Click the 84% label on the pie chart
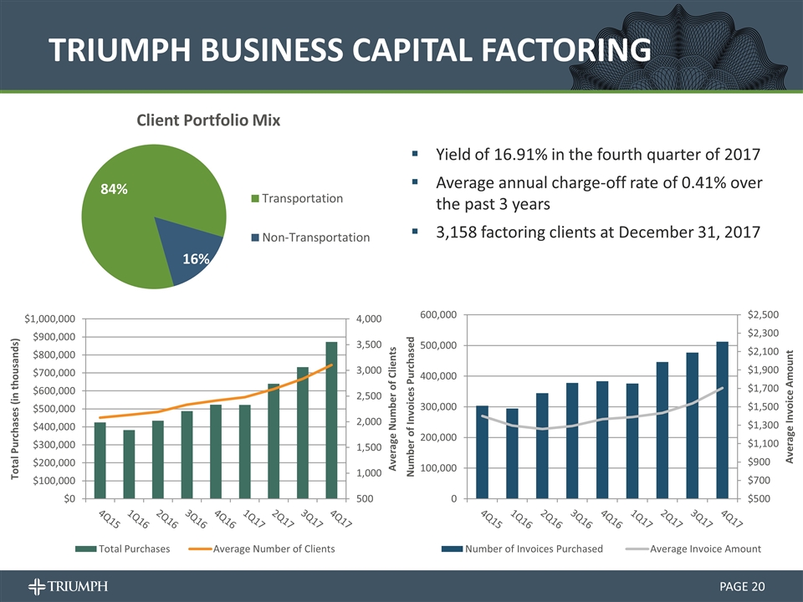(114, 190)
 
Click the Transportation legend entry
(302, 199)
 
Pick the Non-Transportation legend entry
(315, 237)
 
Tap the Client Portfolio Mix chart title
(207, 120)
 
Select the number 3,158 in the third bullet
(458, 232)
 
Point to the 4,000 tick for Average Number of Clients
(369, 319)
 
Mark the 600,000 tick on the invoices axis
(438, 314)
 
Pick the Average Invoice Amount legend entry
(705, 548)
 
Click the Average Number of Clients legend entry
(274, 548)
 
